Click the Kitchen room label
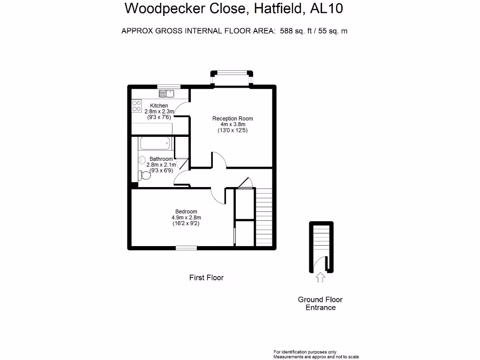(159, 105)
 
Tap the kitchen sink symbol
(166, 93)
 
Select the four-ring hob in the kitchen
(136, 106)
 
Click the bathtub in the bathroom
(155, 143)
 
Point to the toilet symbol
(144, 175)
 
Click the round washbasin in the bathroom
(142, 160)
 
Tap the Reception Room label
(232, 119)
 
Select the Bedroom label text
(186, 211)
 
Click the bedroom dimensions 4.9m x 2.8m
(186, 217)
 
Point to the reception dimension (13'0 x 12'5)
(232, 130)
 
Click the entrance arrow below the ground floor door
(321, 277)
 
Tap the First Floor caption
(206, 277)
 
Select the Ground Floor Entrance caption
(320, 303)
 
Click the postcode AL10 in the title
(327, 8)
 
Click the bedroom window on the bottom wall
(186, 248)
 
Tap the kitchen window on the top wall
(169, 87)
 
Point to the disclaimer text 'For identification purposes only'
(305, 352)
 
